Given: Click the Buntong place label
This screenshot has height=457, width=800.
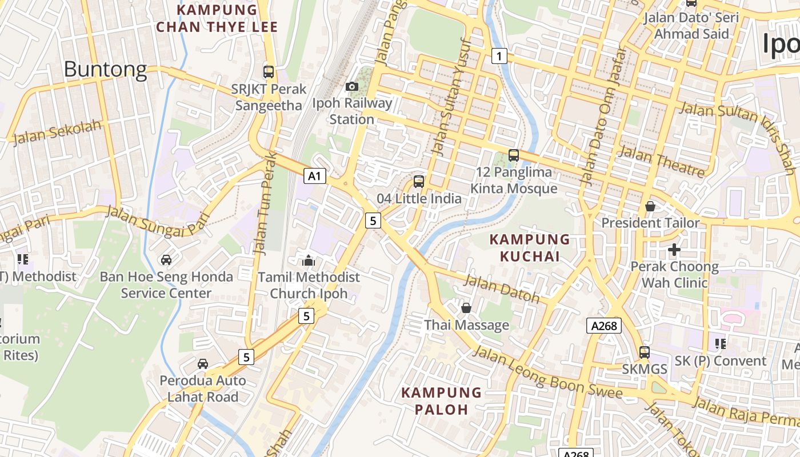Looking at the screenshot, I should click(x=105, y=69).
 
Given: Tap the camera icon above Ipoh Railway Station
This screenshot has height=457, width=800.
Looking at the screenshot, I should click(x=352, y=86).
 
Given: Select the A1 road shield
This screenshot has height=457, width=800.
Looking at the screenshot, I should click(x=314, y=176).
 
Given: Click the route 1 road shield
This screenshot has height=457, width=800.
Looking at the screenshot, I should click(x=499, y=56).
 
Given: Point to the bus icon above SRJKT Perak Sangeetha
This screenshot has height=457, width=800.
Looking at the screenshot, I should click(x=269, y=72).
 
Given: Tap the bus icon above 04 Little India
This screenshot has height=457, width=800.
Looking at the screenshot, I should click(x=419, y=182).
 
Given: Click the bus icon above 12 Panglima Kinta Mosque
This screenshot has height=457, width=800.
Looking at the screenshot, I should click(x=514, y=155).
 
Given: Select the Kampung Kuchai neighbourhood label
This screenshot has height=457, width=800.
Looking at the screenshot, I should click(x=530, y=247).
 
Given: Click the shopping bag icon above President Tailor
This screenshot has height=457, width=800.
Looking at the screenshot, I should click(x=650, y=206).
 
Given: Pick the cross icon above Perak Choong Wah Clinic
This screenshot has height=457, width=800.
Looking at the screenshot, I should click(x=674, y=250).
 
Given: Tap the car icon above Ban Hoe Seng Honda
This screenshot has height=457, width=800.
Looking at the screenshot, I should click(x=166, y=260).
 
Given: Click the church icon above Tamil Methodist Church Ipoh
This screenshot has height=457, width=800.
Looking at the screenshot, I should click(x=309, y=260).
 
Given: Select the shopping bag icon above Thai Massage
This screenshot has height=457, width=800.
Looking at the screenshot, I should click(x=466, y=308).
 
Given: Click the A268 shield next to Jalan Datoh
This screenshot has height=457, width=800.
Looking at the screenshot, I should click(x=604, y=326).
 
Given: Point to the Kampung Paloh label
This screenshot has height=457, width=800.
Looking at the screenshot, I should click(x=441, y=400).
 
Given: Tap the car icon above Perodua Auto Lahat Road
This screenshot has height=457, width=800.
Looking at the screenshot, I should click(x=203, y=364).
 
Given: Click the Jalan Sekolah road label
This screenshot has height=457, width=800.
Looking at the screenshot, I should click(x=57, y=133).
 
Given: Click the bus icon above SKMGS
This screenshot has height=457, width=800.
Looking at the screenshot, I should click(x=645, y=352).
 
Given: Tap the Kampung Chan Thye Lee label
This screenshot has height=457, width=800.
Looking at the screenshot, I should click(x=217, y=18).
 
